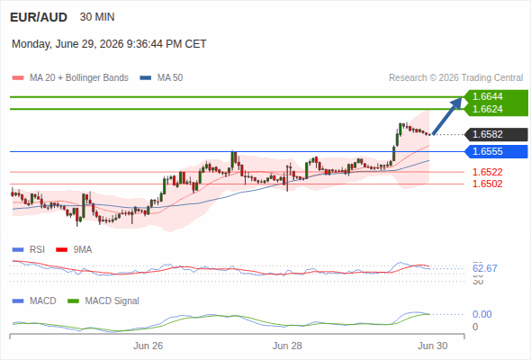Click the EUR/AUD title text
39,17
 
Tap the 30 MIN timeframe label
97,17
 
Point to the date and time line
109,44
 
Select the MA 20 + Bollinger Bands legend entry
70,78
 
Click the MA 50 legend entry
161,78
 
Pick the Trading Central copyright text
455,78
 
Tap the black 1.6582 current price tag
496,134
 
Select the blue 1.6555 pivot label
496,151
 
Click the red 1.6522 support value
487,172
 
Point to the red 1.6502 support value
487,184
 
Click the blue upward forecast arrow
447,116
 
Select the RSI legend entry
29,250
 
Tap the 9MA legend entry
74,250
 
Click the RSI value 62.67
485,268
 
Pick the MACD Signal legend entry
103,301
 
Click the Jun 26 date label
148,346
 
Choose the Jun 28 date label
287,346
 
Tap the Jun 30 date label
433,346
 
